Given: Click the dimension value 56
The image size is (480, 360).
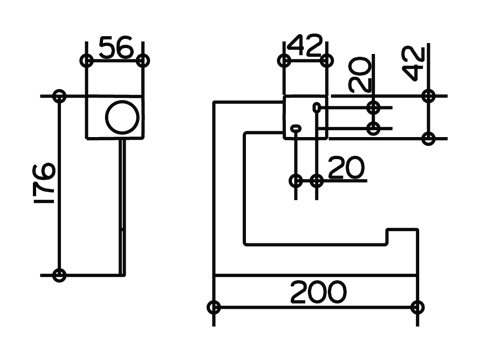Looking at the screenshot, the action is click(116, 48).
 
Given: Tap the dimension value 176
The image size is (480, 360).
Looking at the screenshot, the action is click(44, 183).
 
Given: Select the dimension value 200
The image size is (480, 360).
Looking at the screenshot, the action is click(318, 292).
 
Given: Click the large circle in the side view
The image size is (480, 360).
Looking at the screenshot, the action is click(122, 117).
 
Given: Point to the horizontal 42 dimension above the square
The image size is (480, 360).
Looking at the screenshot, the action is click(305, 45).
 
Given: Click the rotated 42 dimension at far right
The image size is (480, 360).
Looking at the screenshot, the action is click(414, 64).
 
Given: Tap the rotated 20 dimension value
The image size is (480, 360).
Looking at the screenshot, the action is click(360, 75).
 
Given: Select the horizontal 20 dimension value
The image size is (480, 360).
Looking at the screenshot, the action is click(347, 167).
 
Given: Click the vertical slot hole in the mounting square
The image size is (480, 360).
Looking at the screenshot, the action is click(316, 108).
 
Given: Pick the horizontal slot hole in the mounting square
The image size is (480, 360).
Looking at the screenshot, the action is click(296, 128).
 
